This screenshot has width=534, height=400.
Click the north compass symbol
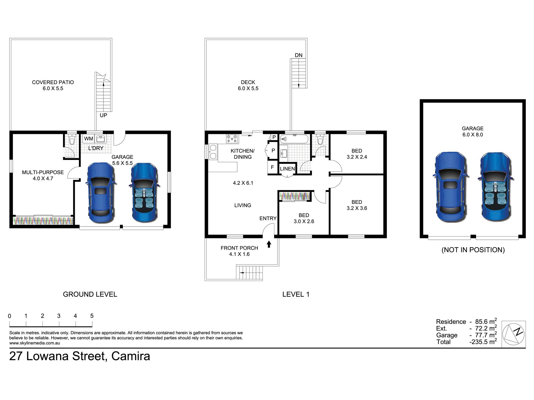click(513, 334)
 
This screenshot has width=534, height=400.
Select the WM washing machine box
click(89, 139)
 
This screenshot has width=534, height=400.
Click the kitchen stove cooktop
click(232, 138)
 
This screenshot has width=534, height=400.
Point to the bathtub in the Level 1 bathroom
click(294, 139)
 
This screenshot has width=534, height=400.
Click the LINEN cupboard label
click(287, 169)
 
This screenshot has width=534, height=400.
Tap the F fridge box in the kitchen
click(272, 167)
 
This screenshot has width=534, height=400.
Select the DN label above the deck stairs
click(298, 55)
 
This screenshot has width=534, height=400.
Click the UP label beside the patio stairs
click(103, 115)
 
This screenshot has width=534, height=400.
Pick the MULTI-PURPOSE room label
click(43, 172)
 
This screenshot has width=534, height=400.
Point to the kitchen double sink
click(213, 152)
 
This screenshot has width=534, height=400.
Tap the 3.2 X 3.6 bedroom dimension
click(357, 208)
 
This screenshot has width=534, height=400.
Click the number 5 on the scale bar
click(92, 316)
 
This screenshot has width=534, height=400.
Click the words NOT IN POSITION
click(473, 250)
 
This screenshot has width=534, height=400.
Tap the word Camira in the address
click(131, 356)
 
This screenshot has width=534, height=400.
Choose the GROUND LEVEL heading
click(90, 294)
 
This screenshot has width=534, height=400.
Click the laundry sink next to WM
click(101, 139)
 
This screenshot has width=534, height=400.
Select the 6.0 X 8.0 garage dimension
click(473, 135)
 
